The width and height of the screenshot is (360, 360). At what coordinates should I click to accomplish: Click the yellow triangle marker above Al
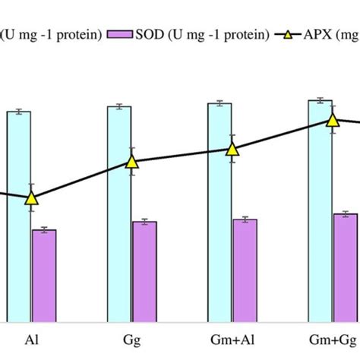(31, 198)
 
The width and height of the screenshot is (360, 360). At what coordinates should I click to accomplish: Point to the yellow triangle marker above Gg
(132, 161)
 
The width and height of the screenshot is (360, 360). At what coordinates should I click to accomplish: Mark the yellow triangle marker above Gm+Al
(232, 150)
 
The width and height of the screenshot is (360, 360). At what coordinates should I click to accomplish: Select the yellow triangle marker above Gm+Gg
(333, 120)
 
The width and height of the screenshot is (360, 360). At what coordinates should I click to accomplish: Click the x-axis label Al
(32, 339)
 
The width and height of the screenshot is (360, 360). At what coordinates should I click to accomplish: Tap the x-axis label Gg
(132, 339)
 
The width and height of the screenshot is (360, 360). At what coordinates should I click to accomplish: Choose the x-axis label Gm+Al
(232, 339)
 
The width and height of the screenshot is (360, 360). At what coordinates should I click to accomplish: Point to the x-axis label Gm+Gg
(332, 339)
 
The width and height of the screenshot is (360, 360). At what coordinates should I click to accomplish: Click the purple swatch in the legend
(120, 34)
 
